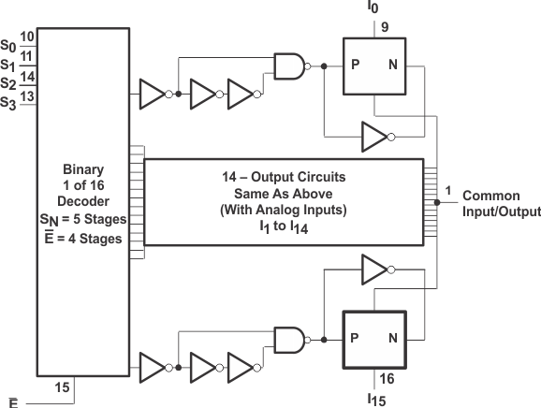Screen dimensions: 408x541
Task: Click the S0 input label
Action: tap(8, 44)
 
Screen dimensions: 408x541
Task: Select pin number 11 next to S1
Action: tap(27, 56)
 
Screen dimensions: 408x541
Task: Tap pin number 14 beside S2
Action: tap(27, 76)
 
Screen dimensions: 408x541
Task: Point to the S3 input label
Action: tap(8, 102)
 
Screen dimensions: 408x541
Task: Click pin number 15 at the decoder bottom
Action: tap(63, 386)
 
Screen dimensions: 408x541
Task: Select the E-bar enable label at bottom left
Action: tap(8, 401)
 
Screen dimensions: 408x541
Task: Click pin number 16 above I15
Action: tap(387, 378)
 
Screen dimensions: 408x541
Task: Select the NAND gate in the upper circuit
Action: tap(290, 66)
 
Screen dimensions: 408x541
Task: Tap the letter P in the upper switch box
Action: tap(356, 66)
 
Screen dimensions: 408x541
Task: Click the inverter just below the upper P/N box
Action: tap(373, 137)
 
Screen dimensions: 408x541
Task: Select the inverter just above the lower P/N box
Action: tap(373, 272)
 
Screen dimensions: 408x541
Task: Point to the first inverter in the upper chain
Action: tap(152, 93)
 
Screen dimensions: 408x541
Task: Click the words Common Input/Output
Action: tap(501, 204)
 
